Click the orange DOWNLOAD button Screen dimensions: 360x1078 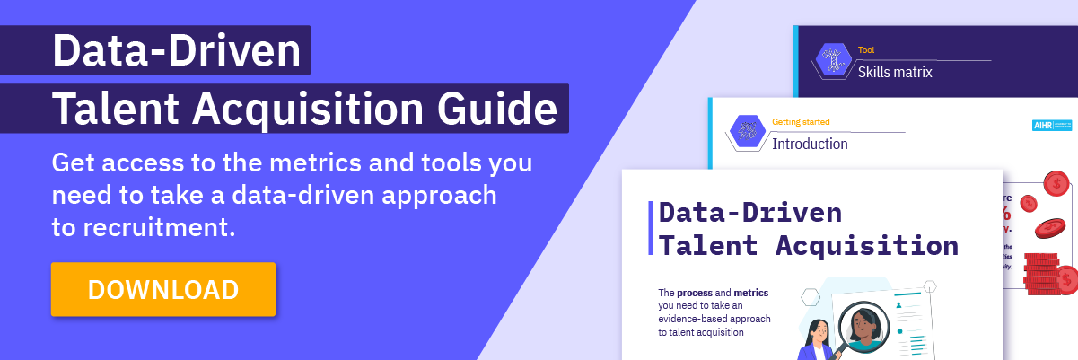click(x=162, y=289)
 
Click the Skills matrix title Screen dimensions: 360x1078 click(x=895, y=72)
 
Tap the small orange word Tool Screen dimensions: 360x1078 click(x=865, y=50)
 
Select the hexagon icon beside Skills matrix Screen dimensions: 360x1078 click(x=832, y=61)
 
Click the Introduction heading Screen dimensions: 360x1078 click(x=810, y=144)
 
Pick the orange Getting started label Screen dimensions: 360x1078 click(x=801, y=121)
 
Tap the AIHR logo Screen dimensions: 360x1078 click(x=1051, y=126)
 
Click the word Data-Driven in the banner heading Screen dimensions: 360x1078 click(x=176, y=51)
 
